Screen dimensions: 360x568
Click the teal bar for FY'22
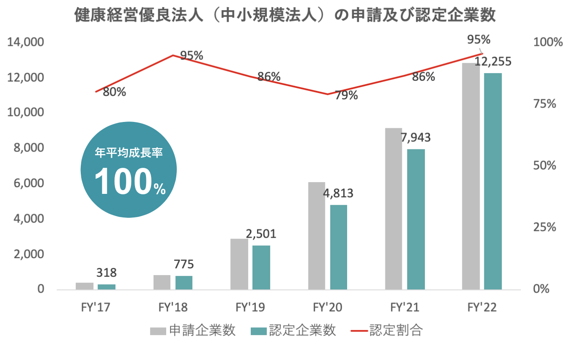(493, 181)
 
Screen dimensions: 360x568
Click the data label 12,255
(493, 62)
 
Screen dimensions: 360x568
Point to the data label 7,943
(416, 138)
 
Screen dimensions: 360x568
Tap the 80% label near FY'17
(114, 92)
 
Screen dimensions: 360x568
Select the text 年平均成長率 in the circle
(128, 153)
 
